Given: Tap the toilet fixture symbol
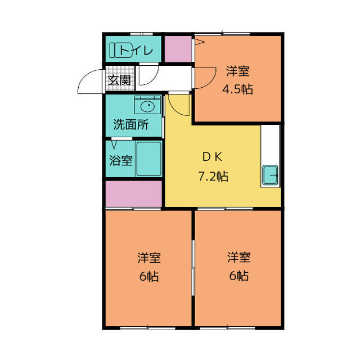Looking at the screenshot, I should pos(123,51).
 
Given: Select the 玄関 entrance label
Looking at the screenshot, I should pos(119,80).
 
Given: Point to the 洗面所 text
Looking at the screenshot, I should pos(130,125).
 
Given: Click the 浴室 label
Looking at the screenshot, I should pos(120,160).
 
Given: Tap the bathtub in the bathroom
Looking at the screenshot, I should pos(148,159).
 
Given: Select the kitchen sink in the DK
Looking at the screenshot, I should pos(270,176).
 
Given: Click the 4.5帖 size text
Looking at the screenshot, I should pos(238,89).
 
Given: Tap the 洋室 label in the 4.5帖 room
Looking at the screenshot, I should pos(238,71).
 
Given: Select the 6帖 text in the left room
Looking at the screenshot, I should pos(148,277).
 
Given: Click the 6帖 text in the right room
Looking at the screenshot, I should pos(238,277).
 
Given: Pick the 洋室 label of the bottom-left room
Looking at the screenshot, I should pos(148,258).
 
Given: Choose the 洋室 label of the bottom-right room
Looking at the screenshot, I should pos(238,258).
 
